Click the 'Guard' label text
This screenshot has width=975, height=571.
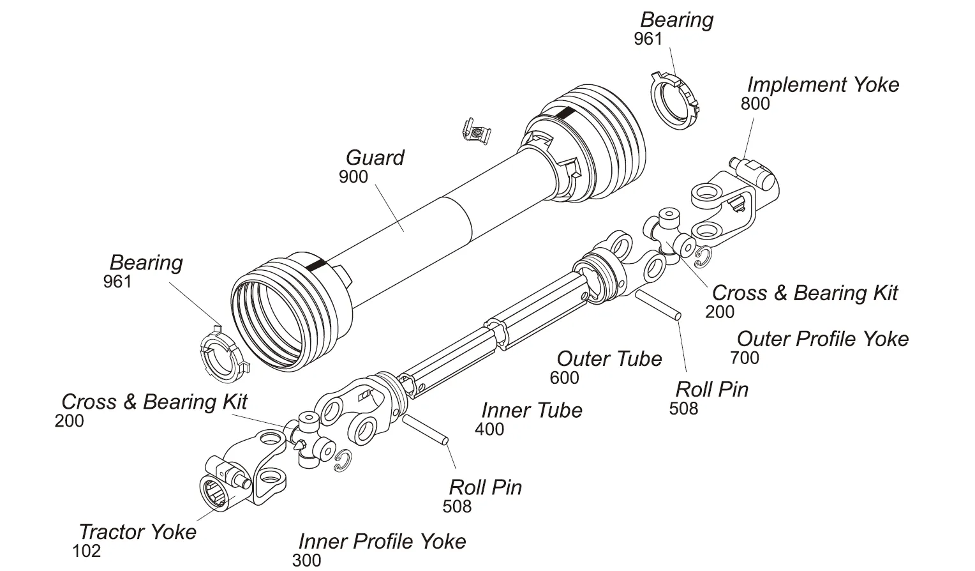point(375,158)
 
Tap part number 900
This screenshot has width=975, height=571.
point(353,177)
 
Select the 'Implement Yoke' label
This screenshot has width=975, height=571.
point(822,84)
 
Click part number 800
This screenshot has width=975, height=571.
point(755,103)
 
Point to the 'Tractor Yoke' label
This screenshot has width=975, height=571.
point(137,531)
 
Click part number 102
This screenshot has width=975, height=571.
point(87,551)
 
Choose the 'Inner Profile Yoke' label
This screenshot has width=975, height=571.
point(382,541)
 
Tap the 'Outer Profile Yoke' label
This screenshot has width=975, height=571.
point(822,339)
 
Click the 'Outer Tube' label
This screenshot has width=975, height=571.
point(609,358)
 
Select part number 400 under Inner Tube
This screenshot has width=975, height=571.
point(489,429)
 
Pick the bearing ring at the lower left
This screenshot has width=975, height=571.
point(221,355)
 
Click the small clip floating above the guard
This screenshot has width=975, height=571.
point(475,132)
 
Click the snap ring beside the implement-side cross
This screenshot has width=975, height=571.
point(703,257)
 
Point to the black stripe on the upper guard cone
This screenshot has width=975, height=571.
point(564,113)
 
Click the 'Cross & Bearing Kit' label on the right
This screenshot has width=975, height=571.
point(804,293)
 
